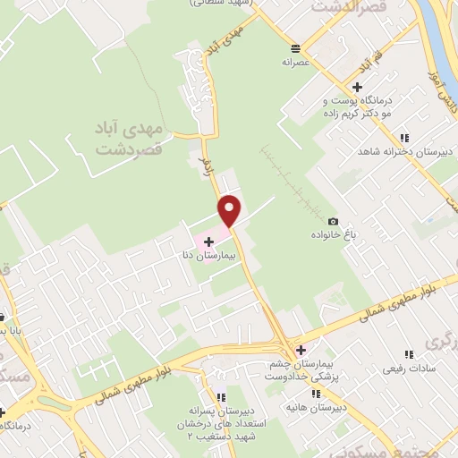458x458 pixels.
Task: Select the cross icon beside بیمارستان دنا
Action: (x=209, y=242)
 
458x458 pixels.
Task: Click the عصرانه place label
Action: (x=295, y=63)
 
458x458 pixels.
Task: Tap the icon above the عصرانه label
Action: (x=295, y=47)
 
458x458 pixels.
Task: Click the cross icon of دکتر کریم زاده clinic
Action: (x=357, y=88)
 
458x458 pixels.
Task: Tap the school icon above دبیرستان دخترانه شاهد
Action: (x=404, y=138)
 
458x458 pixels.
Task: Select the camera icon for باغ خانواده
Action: (x=334, y=221)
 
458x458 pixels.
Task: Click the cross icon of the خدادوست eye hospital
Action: (x=301, y=350)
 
